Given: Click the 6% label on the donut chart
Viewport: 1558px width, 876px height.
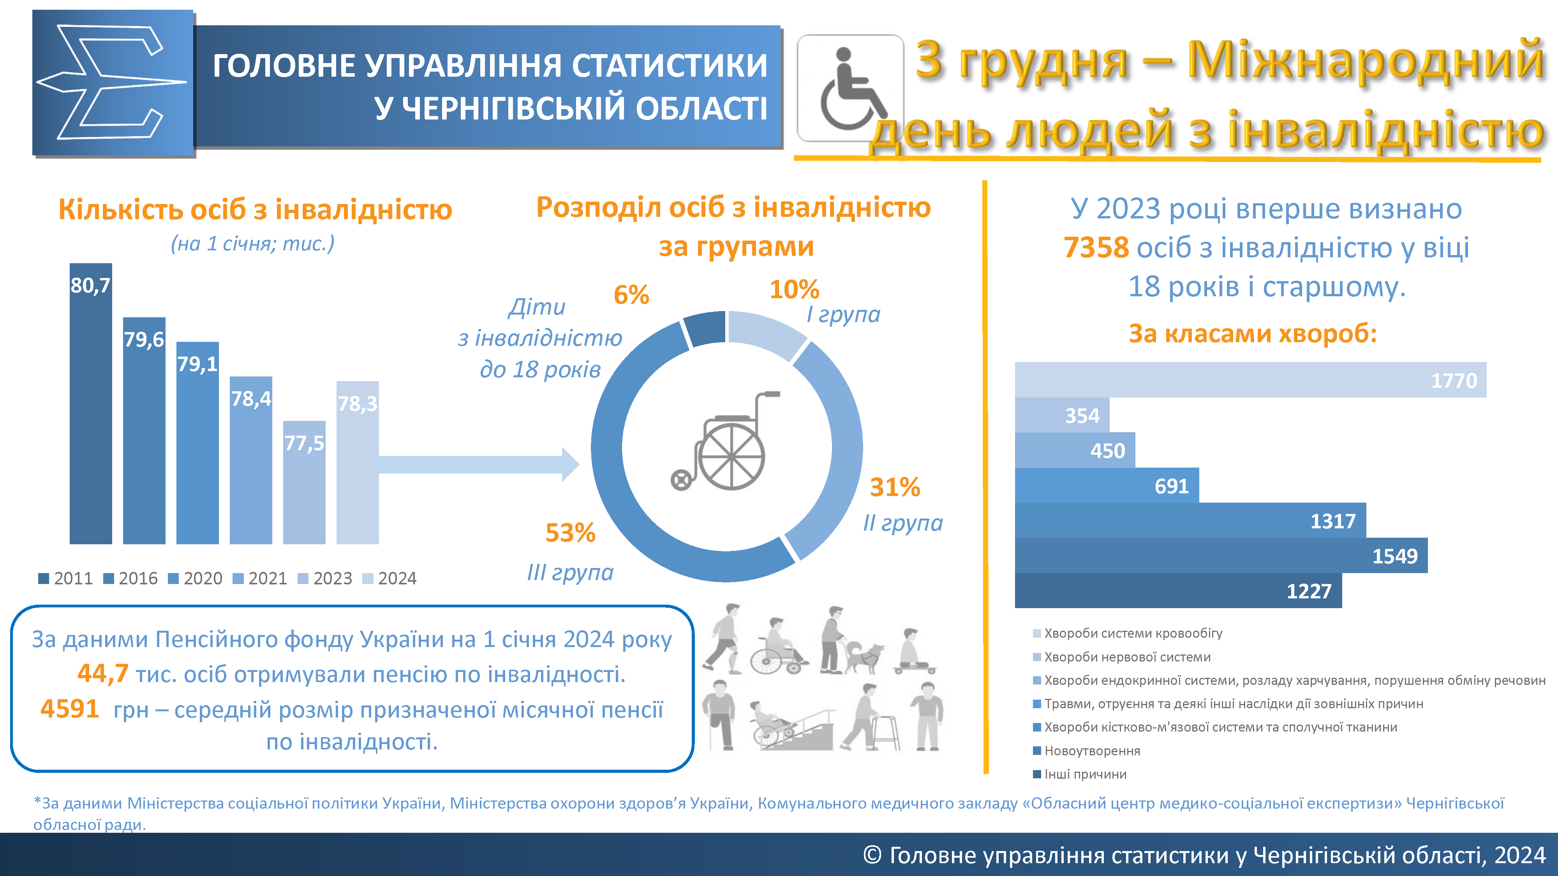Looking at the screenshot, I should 631,295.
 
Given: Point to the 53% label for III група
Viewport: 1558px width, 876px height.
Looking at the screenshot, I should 570,533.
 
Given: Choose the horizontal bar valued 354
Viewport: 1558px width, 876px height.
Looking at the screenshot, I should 1062,415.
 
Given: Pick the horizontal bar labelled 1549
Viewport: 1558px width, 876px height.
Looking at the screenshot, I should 1221,556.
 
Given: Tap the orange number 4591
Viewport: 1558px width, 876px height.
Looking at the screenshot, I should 70,709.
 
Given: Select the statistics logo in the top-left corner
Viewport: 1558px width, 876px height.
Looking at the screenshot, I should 113,83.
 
